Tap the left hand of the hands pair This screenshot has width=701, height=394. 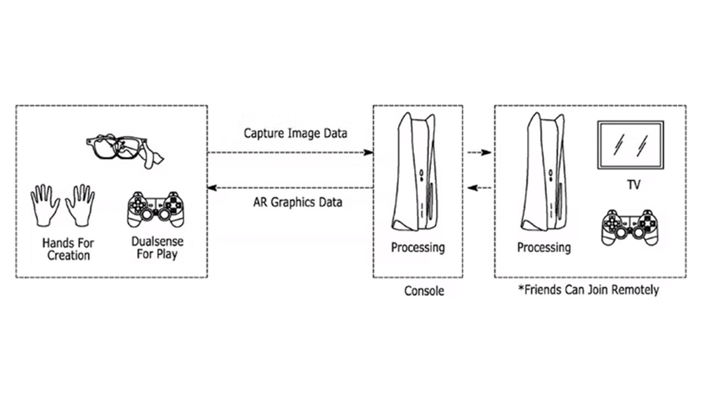pos(45,205)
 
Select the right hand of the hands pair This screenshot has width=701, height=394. pos(80,205)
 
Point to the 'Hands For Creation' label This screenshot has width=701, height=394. pos(68,248)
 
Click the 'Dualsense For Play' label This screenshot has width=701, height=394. pos(158,247)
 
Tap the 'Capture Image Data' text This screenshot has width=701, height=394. pos(295,133)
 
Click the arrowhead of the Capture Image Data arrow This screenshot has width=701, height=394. pos(370,153)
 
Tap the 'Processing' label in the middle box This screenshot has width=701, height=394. pos(418,247)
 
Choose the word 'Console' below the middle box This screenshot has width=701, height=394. pos(424,291)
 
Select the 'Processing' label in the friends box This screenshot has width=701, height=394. pos(544,247)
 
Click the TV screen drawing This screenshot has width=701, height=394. pos(630,144)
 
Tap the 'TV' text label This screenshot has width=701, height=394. pos(633,186)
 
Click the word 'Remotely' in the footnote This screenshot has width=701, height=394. pos(635,289)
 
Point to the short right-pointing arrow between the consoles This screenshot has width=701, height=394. pos(480,153)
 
